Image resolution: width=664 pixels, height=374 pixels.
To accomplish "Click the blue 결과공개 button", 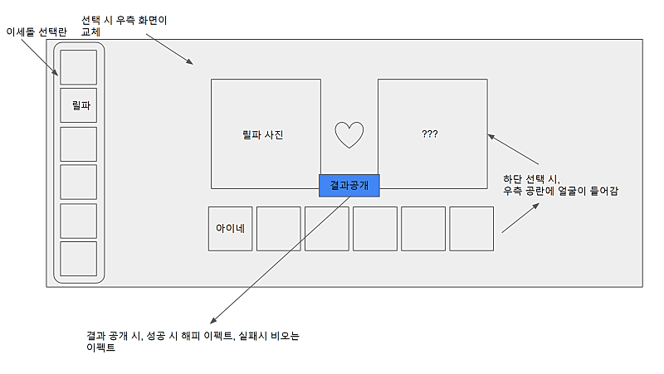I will (x=349, y=185).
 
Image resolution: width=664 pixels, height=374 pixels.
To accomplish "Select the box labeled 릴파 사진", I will (x=266, y=134).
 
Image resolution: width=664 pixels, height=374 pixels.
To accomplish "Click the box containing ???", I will (x=430, y=134).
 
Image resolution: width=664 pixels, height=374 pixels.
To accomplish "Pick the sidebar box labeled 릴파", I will (x=79, y=105).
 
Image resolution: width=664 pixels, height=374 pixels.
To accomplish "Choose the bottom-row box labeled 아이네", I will (x=230, y=228).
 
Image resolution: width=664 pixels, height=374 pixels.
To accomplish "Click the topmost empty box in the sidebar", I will (x=79, y=67).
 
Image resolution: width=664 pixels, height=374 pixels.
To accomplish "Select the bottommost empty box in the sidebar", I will (x=79, y=259).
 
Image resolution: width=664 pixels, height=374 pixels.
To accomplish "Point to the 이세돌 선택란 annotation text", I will (x=36, y=32).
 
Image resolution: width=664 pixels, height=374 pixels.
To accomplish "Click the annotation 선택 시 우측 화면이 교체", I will (x=124, y=25).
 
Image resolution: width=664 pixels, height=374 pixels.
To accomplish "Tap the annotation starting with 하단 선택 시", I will (x=561, y=185).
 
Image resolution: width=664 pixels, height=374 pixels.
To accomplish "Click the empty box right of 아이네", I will (x=278, y=228).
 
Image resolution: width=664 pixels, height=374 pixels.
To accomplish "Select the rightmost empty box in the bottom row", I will (x=471, y=228).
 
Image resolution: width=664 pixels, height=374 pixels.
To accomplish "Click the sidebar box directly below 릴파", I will (x=79, y=143).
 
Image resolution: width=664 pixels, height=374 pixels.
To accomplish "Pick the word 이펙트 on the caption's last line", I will (x=100, y=349).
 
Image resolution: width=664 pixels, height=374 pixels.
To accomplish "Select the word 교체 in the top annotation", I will (x=91, y=32).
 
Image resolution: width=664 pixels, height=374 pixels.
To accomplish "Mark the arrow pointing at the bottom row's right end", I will (x=519, y=217).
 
